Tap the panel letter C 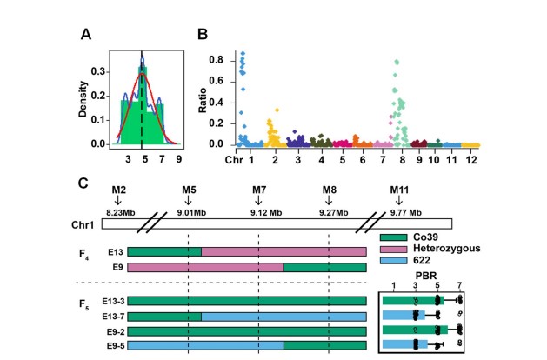coord(83,183)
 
